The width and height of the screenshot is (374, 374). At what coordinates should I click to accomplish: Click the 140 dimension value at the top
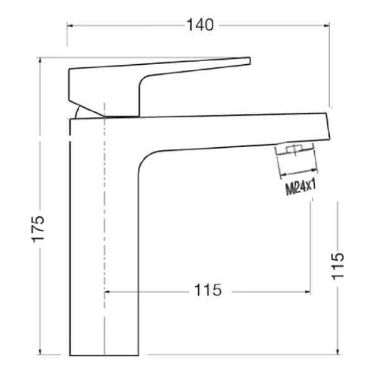tap(200, 25)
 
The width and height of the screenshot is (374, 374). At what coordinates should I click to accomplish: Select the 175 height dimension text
tap(38, 229)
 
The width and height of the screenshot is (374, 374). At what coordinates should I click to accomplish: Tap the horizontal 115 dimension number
tap(208, 290)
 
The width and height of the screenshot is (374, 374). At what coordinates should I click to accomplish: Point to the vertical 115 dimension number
tap(337, 266)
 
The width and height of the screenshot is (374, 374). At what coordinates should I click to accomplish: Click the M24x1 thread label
tap(301, 187)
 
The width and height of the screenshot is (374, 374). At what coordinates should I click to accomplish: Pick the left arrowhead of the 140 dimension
tap(70, 26)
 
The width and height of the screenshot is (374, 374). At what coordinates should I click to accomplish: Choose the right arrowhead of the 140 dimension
tap(327, 26)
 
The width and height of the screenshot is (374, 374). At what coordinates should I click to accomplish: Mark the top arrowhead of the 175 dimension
tap(40, 60)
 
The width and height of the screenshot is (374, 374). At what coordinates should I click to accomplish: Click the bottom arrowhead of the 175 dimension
tap(40, 352)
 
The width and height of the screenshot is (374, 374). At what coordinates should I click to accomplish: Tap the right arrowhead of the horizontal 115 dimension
tap(308, 292)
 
